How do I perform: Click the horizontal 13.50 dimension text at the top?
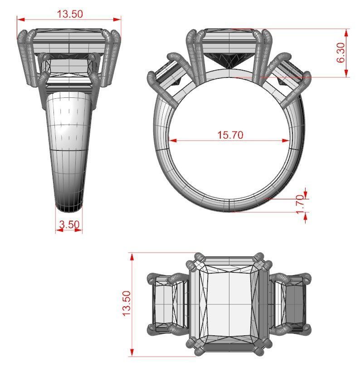point(69,14)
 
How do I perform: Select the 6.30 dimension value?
point(341,53)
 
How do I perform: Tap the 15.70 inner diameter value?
point(230,135)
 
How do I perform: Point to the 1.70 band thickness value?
point(300,205)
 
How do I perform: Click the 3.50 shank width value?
point(69,224)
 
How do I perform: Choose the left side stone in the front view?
point(168,75)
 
